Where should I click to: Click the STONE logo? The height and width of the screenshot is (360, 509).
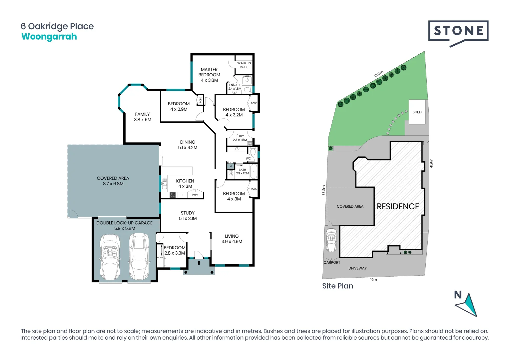pyautogui.click(x=458, y=31)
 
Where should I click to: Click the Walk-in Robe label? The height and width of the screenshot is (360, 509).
pyautogui.click(x=244, y=65)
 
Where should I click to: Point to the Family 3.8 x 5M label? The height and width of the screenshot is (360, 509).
pyautogui.click(x=143, y=117)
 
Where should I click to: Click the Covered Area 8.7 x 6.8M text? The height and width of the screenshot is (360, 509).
pyautogui.click(x=113, y=181)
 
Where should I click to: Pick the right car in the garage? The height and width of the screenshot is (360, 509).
pyautogui.click(x=139, y=256)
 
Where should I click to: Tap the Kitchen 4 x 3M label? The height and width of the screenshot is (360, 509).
pyautogui.click(x=185, y=183)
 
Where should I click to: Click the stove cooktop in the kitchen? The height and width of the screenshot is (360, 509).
pyautogui.click(x=173, y=195)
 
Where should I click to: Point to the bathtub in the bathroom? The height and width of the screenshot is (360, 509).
pyautogui.click(x=254, y=171)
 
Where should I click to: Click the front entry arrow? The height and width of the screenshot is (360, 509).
pyautogui.click(x=199, y=263)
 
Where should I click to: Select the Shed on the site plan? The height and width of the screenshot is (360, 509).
pyautogui.click(x=417, y=112)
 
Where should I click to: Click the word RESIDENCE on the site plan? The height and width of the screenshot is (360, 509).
pyautogui.click(x=398, y=207)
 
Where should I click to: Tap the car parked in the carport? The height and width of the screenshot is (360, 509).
pyautogui.click(x=331, y=240)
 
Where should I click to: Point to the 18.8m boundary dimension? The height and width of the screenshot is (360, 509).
pyautogui.click(x=378, y=74)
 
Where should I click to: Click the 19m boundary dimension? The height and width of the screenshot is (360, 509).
pyautogui.click(x=373, y=280)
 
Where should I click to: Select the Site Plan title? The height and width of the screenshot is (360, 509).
pyautogui.click(x=337, y=286)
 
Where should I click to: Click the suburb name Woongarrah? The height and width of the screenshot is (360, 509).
pyautogui.click(x=49, y=37)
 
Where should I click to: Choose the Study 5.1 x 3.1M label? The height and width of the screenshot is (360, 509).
pyautogui.click(x=188, y=216)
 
